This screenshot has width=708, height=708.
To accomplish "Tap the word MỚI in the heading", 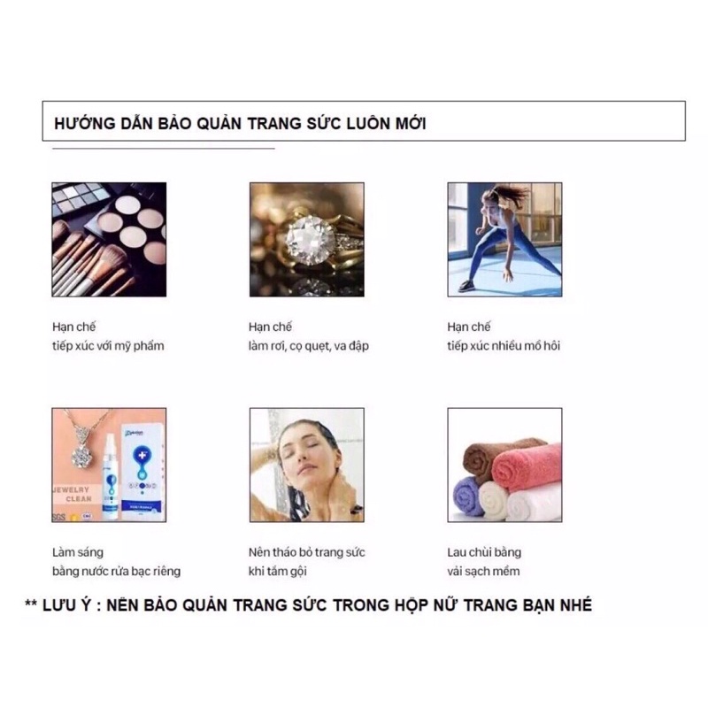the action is click(x=411, y=124).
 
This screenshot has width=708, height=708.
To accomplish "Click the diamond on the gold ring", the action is click(x=311, y=240).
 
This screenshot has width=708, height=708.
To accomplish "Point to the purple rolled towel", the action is click(x=469, y=496).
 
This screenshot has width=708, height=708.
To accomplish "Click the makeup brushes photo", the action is click(x=109, y=240).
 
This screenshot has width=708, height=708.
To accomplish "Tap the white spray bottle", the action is click(x=110, y=476).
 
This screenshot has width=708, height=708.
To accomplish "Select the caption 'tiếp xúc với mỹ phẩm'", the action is click(x=108, y=346).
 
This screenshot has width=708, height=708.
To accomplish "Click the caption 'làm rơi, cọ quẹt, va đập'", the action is click(x=308, y=346).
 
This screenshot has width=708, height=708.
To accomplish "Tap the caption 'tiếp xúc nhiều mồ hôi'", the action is click(x=504, y=346).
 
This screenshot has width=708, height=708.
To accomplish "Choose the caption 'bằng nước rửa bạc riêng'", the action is click(x=116, y=571).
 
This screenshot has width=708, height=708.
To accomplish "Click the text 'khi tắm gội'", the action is click(x=277, y=571).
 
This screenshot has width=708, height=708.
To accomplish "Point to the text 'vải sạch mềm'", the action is click(x=483, y=571).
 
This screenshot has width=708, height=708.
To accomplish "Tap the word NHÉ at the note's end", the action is click(x=576, y=605).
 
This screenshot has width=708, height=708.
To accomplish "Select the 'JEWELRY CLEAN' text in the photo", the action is click(x=73, y=495).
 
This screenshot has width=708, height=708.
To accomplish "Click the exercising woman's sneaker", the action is click(x=466, y=286).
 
